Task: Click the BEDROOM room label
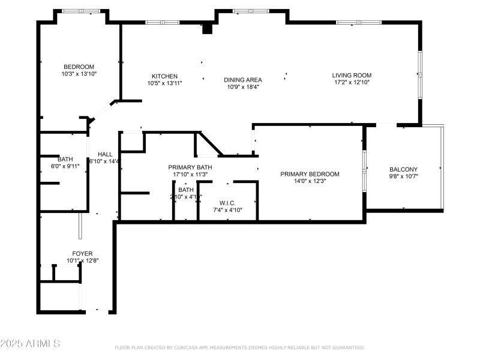pos(79,67)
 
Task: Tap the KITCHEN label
pos(164,76)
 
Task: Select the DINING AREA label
pos(242,80)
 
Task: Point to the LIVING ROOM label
pos(352,76)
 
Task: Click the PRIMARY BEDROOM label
pos(310,174)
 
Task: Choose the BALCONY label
pos(403,169)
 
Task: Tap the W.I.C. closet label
pos(227,203)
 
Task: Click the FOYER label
pos(82,254)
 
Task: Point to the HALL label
pos(105,154)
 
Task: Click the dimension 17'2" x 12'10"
pos(352,83)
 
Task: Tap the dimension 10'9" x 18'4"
pos(242,87)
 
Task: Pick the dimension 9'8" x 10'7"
pos(403,176)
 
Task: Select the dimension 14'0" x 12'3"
pos(310,181)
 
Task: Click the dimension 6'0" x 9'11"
pos(65,166)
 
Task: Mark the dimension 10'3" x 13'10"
pos(79,74)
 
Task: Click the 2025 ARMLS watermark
pos(30,344)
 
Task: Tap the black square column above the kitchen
pos(208,28)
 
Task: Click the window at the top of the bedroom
pos(82,11)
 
